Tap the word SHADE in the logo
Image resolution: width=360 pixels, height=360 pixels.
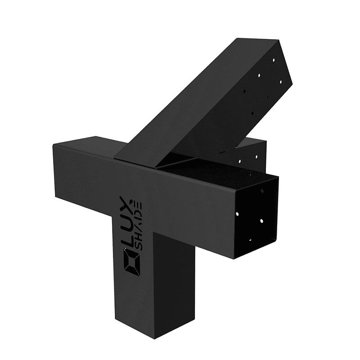(139, 227)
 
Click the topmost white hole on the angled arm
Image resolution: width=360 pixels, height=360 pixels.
(274, 60)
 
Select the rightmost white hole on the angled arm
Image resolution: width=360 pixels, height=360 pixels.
(281, 81)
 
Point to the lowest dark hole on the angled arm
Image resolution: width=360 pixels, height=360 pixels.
(252, 113)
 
